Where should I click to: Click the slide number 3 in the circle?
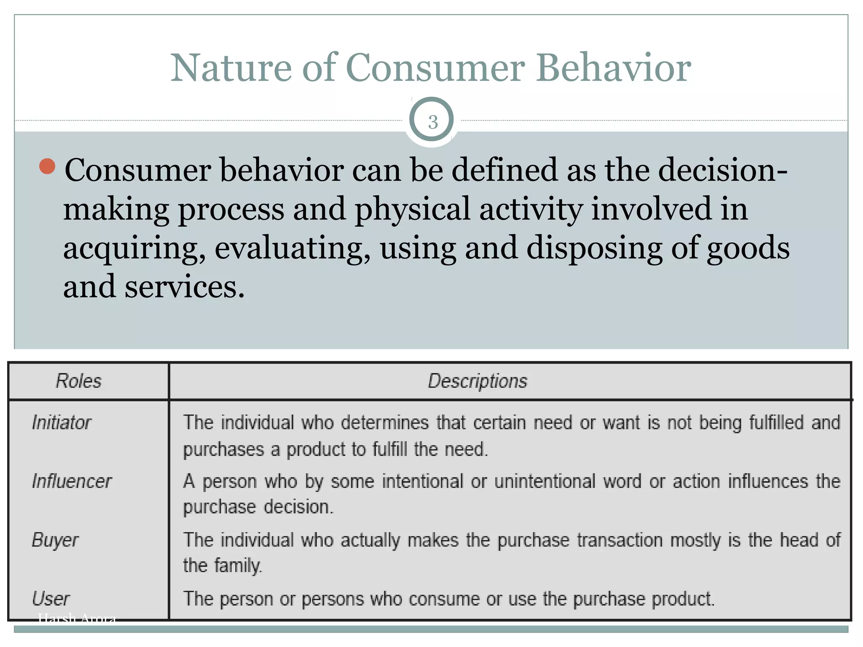432,122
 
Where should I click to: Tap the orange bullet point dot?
47,166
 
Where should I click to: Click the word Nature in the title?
231,68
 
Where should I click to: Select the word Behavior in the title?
613,68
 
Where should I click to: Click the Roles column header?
79,381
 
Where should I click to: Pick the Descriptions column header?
477,381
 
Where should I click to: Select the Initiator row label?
62,422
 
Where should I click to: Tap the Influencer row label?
72,481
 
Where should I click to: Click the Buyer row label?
55,540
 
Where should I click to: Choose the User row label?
51,599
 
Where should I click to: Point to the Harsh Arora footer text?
77,618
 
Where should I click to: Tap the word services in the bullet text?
184,287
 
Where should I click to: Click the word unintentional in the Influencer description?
544,481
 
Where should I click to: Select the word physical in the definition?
412,209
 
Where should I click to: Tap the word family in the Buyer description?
238,565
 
